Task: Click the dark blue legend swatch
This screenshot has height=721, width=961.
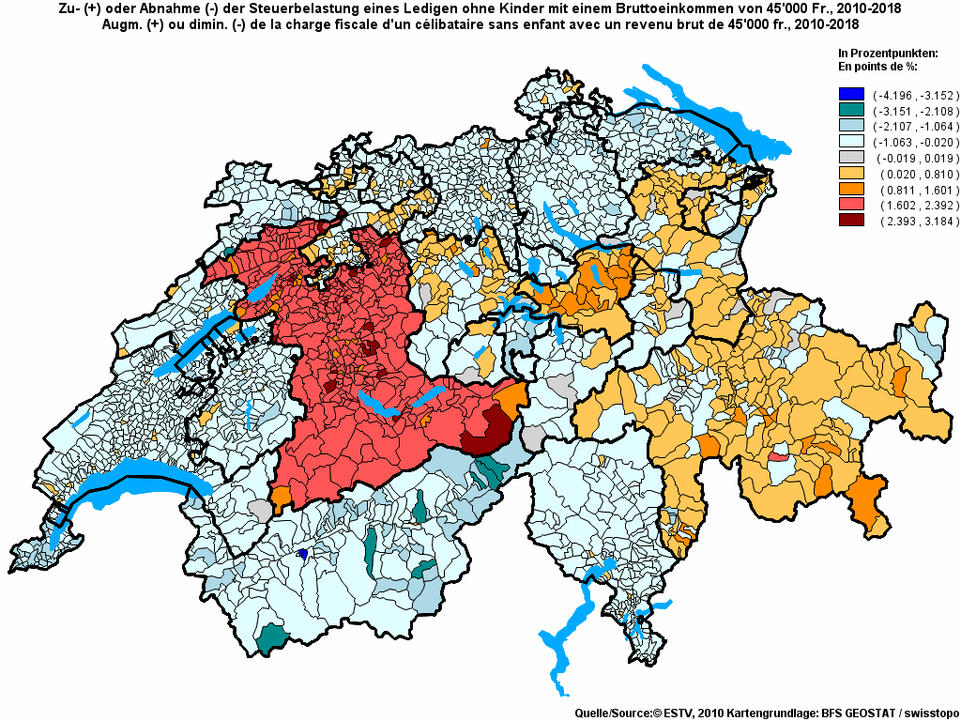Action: [851, 94]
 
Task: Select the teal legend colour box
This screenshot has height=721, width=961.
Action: [851, 110]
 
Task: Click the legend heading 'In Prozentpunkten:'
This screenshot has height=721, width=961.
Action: [887, 53]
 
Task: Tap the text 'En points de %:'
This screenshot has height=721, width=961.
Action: [877, 67]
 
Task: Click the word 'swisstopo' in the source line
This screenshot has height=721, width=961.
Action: [924, 713]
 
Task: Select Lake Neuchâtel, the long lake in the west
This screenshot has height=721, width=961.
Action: [202, 338]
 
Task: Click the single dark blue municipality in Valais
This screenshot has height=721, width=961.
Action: [303, 554]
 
